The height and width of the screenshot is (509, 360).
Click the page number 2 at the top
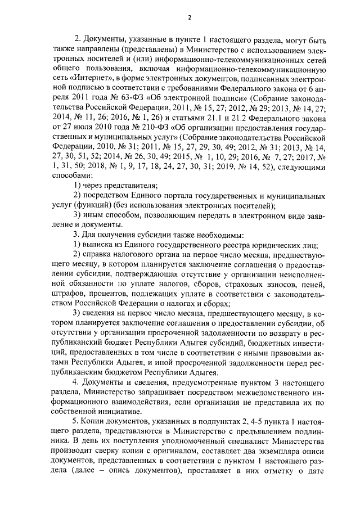(190, 17)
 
